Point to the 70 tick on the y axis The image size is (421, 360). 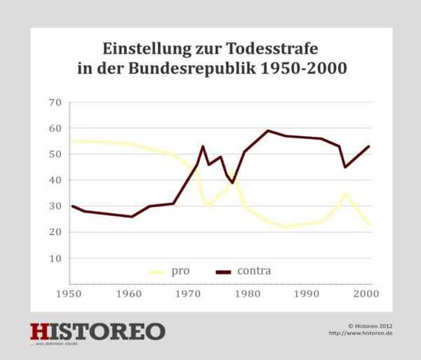click(55, 102)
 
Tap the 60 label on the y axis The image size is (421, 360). click(55, 128)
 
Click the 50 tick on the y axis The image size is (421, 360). click(55, 154)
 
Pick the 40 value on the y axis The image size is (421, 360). click(55, 180)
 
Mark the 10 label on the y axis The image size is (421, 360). click(55, 258)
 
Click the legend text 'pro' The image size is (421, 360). click(180, 271)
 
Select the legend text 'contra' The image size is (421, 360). click(254, 271)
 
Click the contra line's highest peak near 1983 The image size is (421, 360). click(268, 131)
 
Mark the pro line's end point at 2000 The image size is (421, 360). click(368, 225)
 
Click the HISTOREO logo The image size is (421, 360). click(98, 331)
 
